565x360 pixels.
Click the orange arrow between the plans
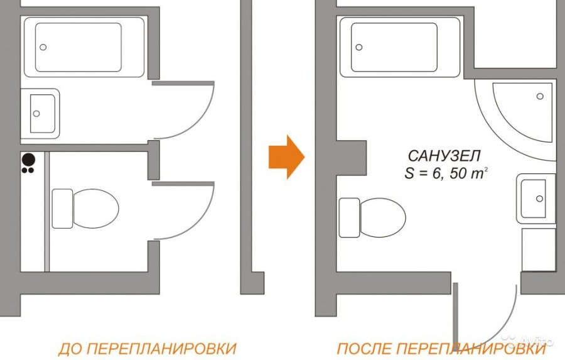coord(286,156)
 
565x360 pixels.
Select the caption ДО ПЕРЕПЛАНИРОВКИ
coord(147,348)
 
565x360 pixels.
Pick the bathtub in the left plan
coord(83,47)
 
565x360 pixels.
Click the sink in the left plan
coord(40,114)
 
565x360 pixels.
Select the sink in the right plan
coord(536,198)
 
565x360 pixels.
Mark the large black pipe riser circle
coord(28,159)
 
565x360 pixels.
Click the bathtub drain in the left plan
coord(43,47)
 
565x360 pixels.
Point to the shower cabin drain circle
coord(539,96)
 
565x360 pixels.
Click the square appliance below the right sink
coord(539,249)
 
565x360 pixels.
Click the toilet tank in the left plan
coord(62,208)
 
